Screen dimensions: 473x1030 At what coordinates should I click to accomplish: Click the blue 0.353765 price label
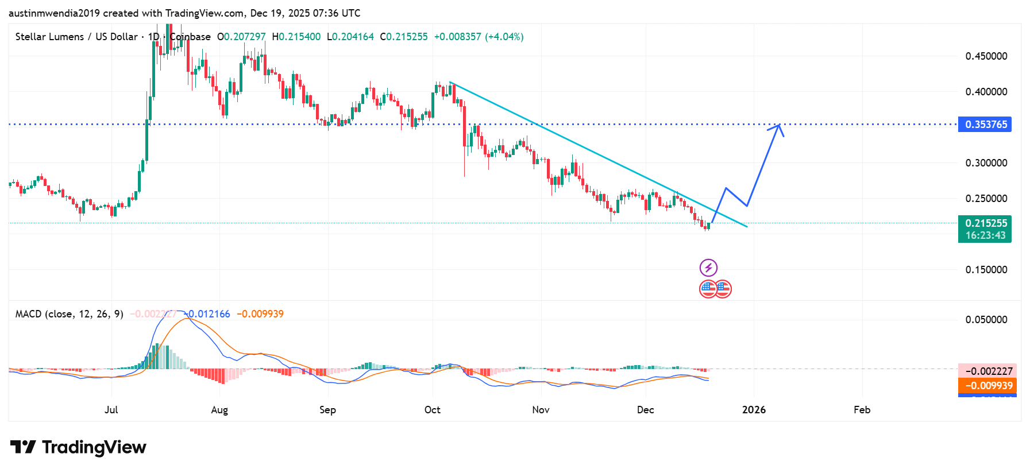[x=985, y=125]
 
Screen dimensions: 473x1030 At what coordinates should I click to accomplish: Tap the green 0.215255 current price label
[x=985, y=223]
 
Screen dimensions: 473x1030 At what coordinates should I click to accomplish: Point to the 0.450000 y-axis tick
[x=986, y=56]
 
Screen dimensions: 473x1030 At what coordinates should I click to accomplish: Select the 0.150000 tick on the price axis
[x=986, y=270]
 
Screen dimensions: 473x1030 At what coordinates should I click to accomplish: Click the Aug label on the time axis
[x=219, y=410]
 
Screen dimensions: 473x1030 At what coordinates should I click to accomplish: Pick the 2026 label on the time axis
[x=754, y=410]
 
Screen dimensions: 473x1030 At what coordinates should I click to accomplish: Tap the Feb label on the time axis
[x=862, y=410]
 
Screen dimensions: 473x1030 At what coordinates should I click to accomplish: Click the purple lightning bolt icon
[x=708, y=267]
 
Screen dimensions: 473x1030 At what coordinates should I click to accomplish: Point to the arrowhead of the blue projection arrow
[x=778, y=126]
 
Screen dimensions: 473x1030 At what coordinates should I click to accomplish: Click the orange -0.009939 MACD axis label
[x=987, y=386]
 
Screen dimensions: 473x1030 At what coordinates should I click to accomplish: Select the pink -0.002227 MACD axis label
[x=987, y=371]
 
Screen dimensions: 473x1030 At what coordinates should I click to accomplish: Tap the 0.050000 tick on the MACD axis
[x=986, y=320]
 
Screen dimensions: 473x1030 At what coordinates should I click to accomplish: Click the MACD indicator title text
[x=69, y=314]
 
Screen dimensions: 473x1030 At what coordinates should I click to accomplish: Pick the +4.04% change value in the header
[x=504, y=37]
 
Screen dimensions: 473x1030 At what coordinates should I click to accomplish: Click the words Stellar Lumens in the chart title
[x=49, y=37]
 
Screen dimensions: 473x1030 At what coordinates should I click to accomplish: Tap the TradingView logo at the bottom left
[x=78, y=447]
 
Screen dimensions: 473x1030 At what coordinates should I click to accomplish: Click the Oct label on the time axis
[x=433, y=410]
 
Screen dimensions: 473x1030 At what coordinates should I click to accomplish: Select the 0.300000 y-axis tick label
[x=986, y=163]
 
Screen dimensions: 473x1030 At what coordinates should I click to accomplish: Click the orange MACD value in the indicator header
[x=260, y=314]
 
